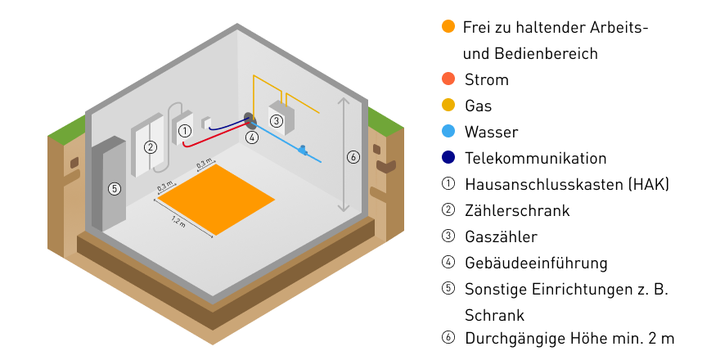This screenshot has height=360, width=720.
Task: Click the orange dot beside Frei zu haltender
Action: pyautogui.click(x=448, y=27)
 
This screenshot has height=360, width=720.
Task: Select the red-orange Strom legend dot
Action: pyautogui.click(x=448, y=79)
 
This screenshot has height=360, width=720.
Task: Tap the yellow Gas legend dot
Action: pyautogui.click(x=448, y=106)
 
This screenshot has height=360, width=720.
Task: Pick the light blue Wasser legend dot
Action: pyautogui.click(x=448, y=132)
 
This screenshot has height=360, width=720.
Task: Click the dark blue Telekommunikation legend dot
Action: pyautogui.click(x=448, y=158)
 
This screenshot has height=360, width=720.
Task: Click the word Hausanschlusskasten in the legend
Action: pyautogui.click(x=542, y=184)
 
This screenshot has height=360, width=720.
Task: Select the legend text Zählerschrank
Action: pyautogui.click(x=516, y=210)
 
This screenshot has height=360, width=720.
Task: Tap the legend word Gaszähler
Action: pyautogui.click(x=501, y=236)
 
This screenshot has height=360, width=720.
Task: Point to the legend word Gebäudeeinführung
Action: pyautogui.click(x=536, y=263)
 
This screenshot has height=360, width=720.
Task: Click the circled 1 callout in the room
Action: pyautogui.click(x=185, y=130)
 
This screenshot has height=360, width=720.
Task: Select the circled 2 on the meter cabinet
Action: pyautogui.click(x=150, y=148)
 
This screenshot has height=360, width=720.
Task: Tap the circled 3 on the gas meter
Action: pyautogui.click(x=277, y=121)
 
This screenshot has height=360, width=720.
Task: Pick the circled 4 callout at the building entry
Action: pyautogui.click(x=252, y=137)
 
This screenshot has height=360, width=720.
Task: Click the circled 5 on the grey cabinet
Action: pyautogui.click(x=115, y=189)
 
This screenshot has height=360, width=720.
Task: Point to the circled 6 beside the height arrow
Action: pyautogui.click(x=353, y=157)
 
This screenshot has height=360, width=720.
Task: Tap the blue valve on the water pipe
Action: pyautogui.click(x=303, y=150)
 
